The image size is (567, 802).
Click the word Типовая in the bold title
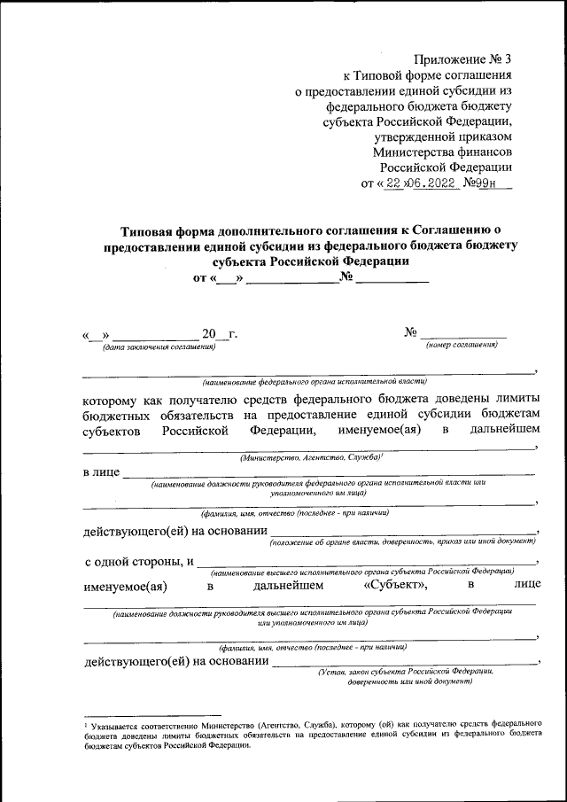click(146, 229)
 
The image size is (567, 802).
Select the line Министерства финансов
click(442, 152)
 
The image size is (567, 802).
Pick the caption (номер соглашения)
click(462, 345)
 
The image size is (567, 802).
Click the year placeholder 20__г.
click(219, 334)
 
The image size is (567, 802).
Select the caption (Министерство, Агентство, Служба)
click(311, 457)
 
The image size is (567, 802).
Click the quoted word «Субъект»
click(396, 586)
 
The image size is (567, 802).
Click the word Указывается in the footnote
click(111, 725)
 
